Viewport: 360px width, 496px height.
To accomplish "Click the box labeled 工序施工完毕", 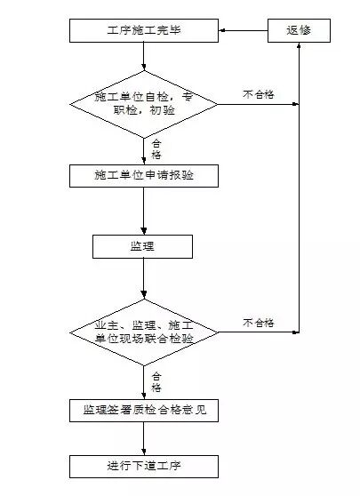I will click(x=143, y=32).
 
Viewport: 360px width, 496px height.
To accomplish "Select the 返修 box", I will click(x=299, y=32).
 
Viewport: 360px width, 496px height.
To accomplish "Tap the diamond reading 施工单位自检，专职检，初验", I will click(x=143, y=104).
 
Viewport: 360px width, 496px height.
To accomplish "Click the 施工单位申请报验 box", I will click(x=143, y=175).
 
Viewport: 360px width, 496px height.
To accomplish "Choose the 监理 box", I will click(x=143, y=245).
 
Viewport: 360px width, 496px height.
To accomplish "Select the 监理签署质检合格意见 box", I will click(x=143, y=410).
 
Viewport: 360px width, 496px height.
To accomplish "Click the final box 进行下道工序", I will click(x=143, y=465).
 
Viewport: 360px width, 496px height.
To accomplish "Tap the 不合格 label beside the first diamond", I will click(x=258, y=92).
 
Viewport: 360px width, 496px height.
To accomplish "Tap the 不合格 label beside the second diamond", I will click(x=258, y=322).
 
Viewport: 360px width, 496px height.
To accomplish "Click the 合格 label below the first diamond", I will click(x=156, y=147).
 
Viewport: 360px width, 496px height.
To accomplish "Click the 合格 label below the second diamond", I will click(x=156, y=381).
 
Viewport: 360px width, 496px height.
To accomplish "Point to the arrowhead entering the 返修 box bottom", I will click(x=299, y=48).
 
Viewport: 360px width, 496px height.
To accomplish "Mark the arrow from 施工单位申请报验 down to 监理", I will click(x=143, y=210).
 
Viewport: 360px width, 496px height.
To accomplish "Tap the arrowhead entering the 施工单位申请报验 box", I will click(x=143, y=160).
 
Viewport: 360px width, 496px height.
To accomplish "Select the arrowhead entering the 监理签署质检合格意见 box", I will click(x=143, y=395).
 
